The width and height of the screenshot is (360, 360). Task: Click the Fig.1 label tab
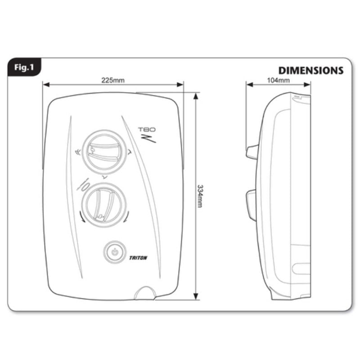point(24,68)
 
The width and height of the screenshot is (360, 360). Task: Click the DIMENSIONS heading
point(310,71)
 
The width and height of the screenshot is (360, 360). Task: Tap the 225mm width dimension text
point(112,80)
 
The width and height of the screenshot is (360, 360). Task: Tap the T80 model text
point(147,130)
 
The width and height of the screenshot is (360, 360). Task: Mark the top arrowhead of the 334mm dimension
point(196,96)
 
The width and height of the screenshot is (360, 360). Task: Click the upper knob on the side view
point(252,152)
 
